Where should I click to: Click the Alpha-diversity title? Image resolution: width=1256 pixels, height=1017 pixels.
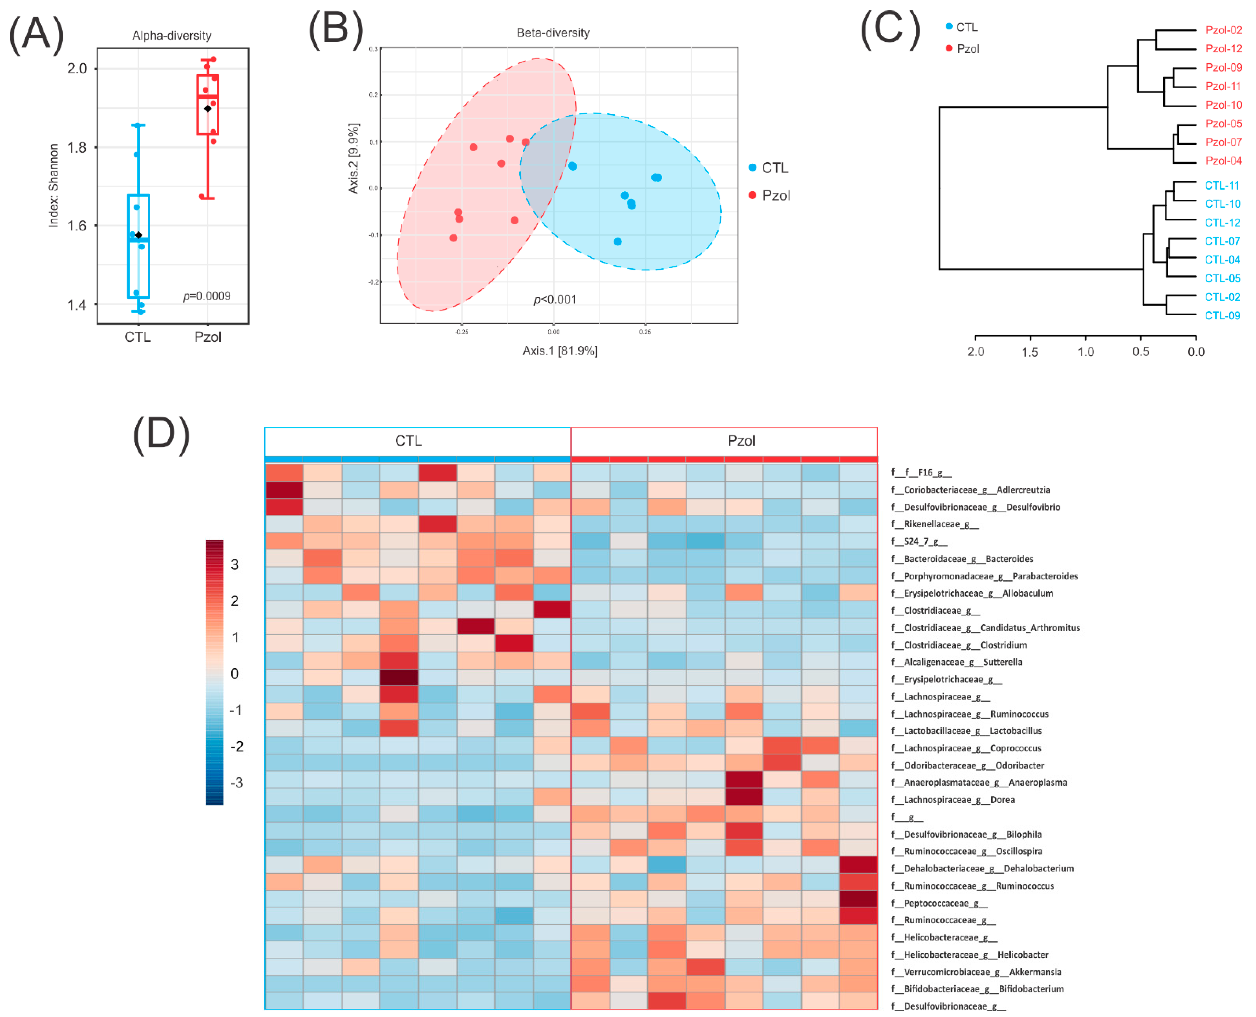click(172, 36)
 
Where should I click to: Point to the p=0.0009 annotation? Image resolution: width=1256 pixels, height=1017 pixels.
click(207, 296)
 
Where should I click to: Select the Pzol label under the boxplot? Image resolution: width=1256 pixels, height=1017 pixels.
click(208, 337)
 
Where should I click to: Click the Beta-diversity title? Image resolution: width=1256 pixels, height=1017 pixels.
click(553, 33)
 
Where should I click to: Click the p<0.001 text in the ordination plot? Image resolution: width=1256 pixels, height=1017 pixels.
click(554, 299)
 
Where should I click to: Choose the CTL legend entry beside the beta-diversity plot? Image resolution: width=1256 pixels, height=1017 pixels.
click(774, 168)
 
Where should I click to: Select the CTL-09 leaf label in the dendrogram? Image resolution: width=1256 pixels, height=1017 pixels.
click(1222, 316)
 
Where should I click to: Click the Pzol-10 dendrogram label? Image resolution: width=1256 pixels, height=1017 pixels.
click(1223, 105)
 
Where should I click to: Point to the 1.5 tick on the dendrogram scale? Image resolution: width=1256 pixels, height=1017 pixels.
click(1030, 352)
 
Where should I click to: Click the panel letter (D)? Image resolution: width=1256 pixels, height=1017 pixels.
click(161, 435)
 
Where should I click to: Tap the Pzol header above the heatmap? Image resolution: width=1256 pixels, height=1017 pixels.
click(741, 440)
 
